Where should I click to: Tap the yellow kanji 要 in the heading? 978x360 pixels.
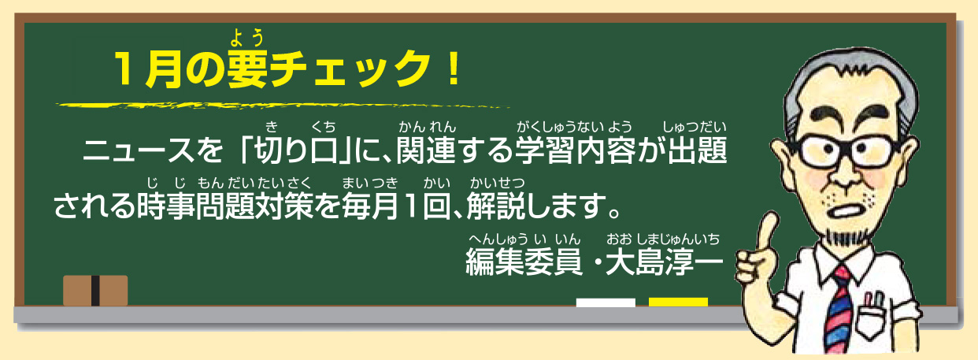(246, 69)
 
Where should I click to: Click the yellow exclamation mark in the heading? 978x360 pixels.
(454, 69)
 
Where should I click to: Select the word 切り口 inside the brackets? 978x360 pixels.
(297, 150)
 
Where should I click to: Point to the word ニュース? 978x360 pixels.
(139, 150)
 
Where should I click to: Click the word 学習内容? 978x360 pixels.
(575, 150)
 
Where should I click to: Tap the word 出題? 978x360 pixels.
(697, 150)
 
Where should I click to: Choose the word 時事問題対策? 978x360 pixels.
(225, 206)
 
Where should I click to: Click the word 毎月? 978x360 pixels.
(370, 206)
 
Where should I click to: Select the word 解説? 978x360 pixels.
(496, 206)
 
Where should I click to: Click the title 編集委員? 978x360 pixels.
(524, 262)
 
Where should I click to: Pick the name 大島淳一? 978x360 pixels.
(664, 262)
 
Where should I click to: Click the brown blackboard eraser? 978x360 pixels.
(95, 291)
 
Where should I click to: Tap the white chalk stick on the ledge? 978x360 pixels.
(606, 302)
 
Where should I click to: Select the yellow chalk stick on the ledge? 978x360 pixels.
(678, 302)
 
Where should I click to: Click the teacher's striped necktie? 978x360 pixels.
(839, 310)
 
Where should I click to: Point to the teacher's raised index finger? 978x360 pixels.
(767, 227)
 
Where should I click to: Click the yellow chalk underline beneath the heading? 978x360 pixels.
(283, 106)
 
